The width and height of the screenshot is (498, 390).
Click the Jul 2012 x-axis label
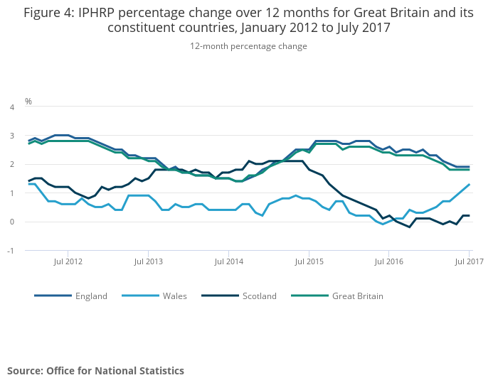68,261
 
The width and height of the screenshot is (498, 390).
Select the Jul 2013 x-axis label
148,261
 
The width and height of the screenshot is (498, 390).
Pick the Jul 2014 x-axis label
228,261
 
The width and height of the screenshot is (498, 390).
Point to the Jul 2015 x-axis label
309,261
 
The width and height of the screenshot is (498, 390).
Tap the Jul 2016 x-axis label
388,261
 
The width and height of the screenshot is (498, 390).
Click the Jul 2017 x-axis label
469,261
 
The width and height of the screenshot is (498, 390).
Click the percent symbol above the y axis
28,102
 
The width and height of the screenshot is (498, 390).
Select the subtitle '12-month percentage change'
248,46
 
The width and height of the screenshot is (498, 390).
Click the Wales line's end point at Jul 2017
469,185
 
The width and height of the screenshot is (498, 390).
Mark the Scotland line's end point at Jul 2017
469,216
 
